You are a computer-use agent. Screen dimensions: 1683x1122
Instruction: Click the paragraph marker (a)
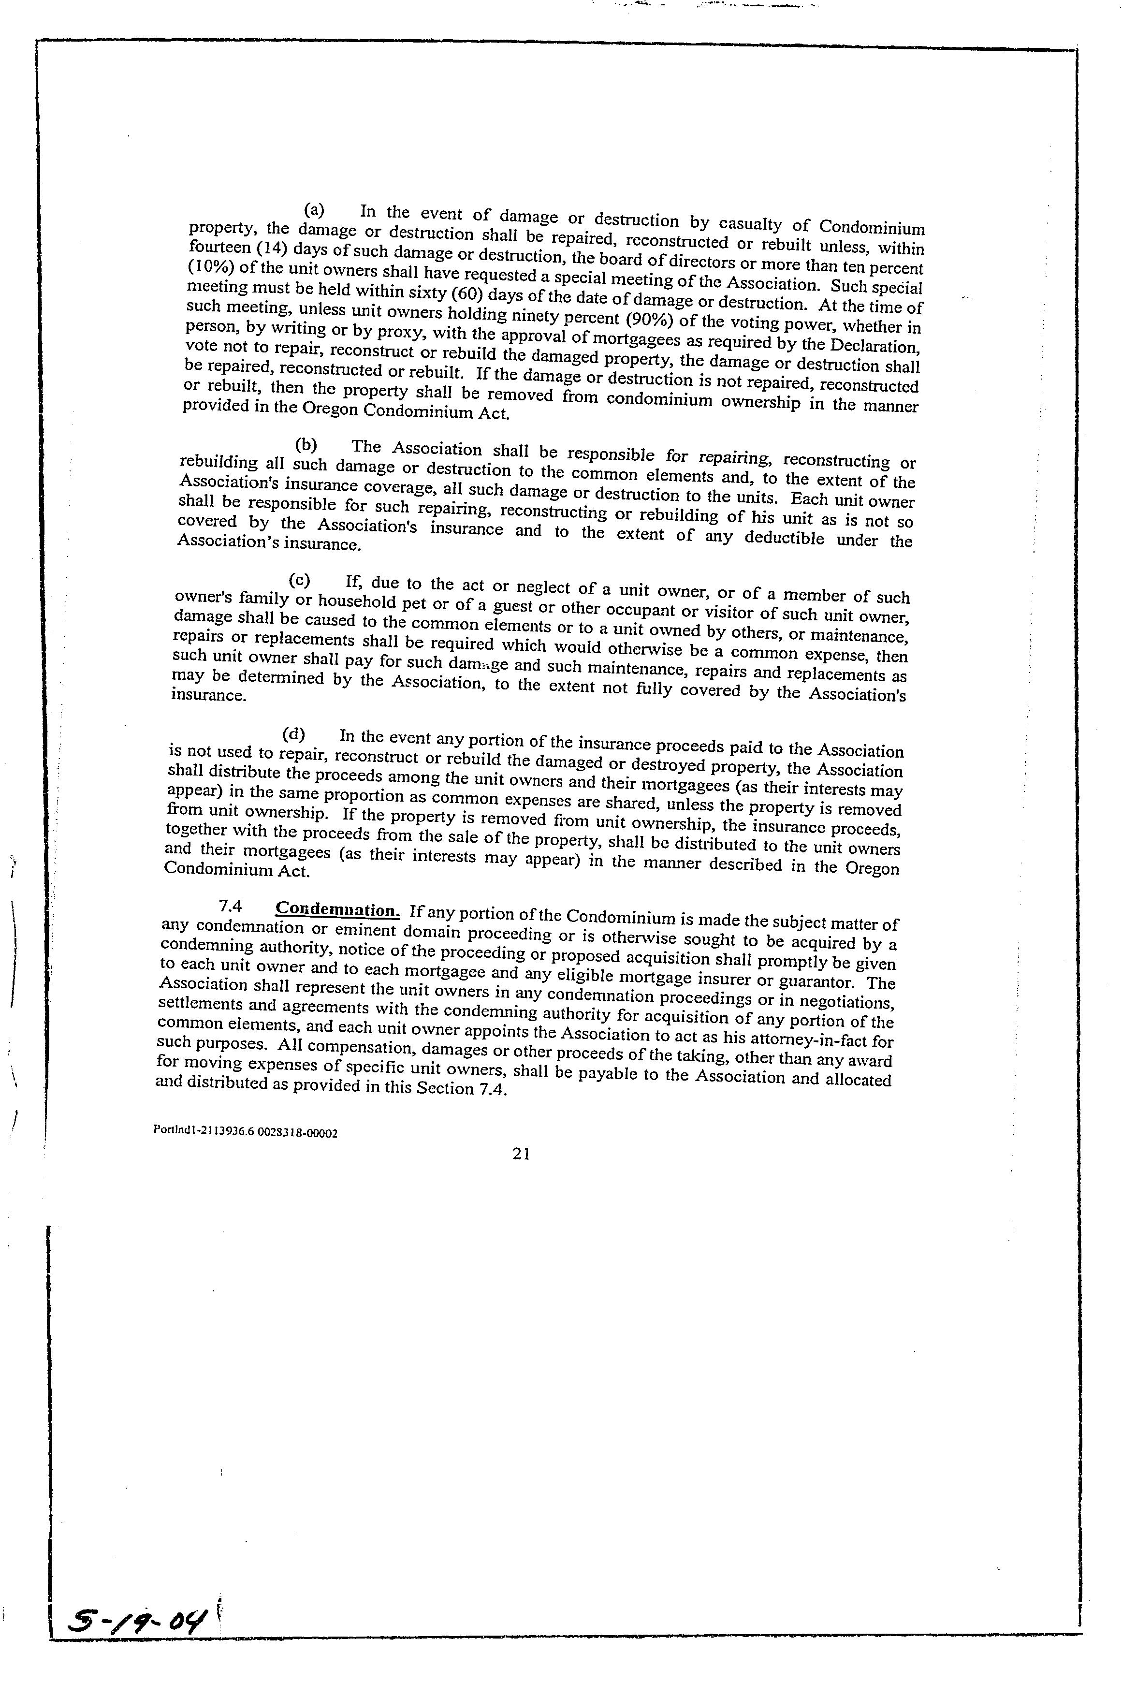tap(314, 210)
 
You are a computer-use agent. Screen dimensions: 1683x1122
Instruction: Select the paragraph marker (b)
tap(306, 444)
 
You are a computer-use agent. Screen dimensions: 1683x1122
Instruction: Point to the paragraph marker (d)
tap(294, 733)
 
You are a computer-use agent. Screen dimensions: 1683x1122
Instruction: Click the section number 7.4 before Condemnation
tap(231, 907)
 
